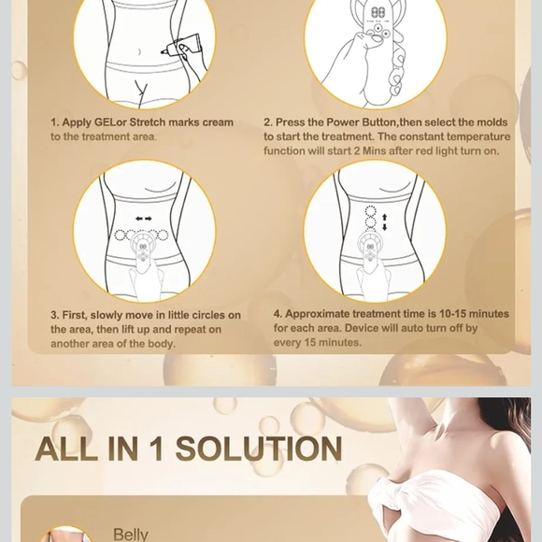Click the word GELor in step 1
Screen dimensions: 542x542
click(x=110, y=122)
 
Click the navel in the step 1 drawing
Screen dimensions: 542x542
click(x=139, y=52)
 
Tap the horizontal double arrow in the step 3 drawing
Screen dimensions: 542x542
click(x=144, y=219)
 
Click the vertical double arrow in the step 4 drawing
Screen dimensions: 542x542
click(x=384, y=222)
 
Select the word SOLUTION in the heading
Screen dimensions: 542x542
click(x=259, y=449)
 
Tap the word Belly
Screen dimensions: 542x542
click(x=131, y=535)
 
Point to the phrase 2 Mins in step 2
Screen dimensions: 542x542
click(x=369, y=151)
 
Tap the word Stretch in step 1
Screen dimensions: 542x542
click(x=148, y=122)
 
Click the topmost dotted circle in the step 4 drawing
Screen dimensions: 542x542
click(x=370, y=211)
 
